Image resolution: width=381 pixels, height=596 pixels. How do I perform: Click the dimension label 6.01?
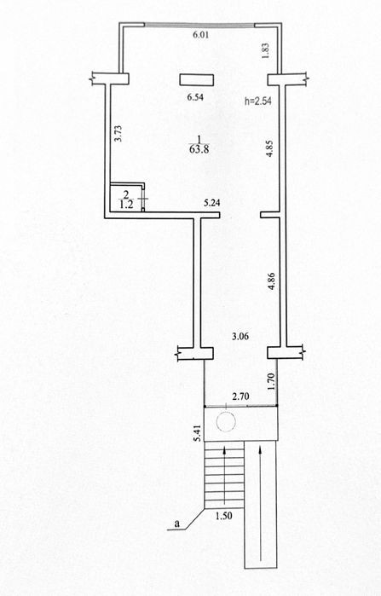[201, 35]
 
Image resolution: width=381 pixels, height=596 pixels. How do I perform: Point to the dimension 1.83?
[266, 50]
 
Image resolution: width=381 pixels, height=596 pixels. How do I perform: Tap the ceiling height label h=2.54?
[258, 101]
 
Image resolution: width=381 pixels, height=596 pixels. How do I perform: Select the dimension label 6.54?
[196, 97]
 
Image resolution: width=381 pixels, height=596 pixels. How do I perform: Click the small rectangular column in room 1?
[196, 79]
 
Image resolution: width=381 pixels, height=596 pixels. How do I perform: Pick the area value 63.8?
[199, 148]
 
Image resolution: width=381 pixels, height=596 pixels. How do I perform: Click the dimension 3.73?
[118, 134]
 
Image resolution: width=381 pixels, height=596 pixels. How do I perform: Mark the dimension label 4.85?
[270, 148]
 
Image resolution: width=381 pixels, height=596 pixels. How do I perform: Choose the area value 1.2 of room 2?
[126, 205]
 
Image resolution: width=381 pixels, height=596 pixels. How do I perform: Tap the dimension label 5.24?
[212, 203]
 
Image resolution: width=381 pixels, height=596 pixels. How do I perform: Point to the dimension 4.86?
[272, 281]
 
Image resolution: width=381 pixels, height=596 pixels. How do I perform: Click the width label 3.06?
[240, 337]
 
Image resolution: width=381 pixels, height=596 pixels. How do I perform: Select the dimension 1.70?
[270, 382]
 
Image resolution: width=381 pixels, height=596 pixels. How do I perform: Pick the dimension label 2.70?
[240, 396]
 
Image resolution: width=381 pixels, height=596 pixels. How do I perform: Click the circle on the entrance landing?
[226, 421]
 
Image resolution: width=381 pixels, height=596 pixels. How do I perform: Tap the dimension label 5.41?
[196, 432]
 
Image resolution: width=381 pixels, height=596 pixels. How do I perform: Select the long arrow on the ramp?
[261, 503]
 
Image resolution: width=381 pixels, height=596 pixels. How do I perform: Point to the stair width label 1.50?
[223, 516]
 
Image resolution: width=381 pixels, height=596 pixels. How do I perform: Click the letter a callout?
[176, 524]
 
